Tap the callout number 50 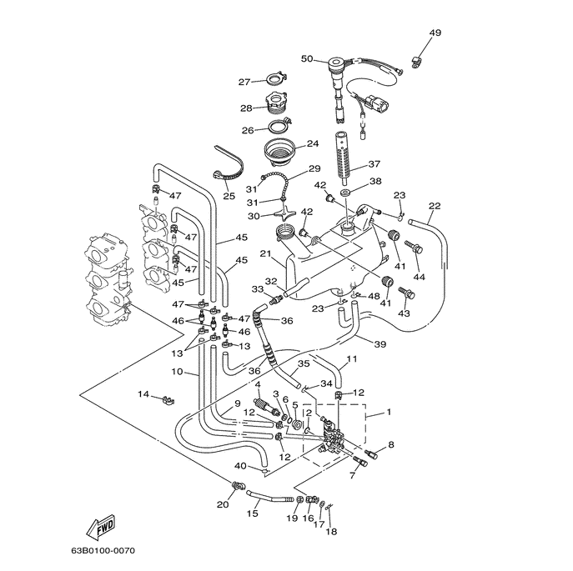tap(306, 59)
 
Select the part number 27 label tap(244, 82)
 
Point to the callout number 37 tap(374, 164)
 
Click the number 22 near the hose tap(435, 206)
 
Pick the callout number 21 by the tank tap(265, 254)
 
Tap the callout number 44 tap(419, 276)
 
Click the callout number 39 tap(379, 344)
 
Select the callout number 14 tap(143, 393)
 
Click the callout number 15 tap(252, 514)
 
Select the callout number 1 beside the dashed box tap(389, 412)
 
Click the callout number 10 tap(177, 372)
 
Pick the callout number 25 tap(229, 196)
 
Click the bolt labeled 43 tap(407, 293)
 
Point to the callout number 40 tap(240, 466)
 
